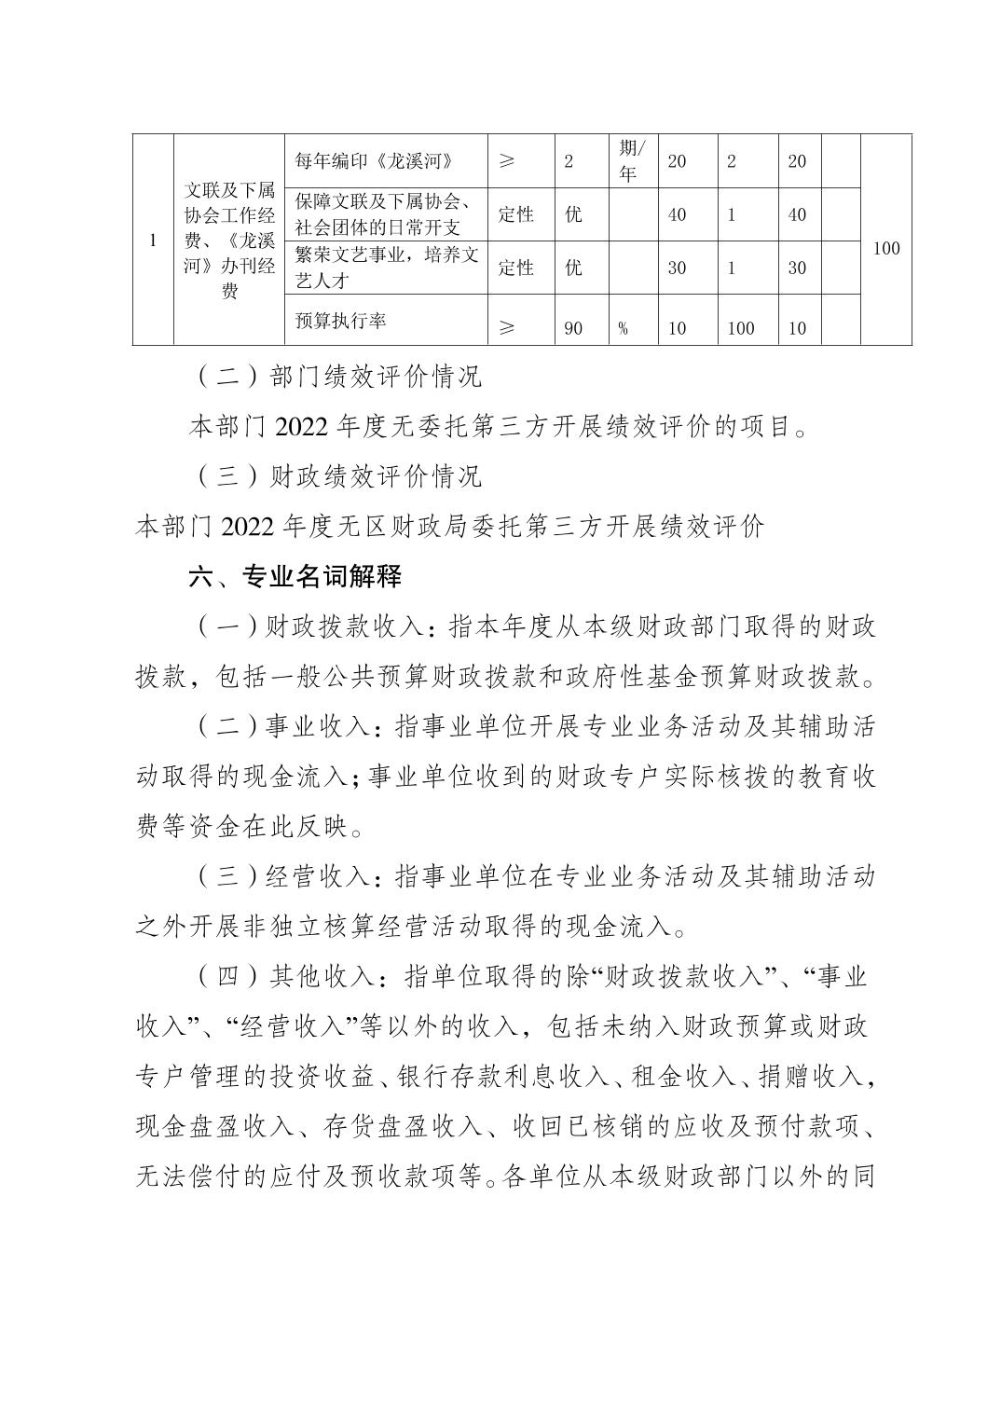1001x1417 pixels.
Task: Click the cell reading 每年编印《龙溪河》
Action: [375, 161]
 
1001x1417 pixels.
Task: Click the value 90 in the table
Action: [574, 328]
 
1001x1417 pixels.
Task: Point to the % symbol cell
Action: [623, 328]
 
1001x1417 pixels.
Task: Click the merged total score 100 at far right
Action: [885, 248]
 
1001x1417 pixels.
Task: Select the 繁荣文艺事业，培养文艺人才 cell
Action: [385, 267]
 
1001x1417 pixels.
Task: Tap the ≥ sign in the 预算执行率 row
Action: [507, 327]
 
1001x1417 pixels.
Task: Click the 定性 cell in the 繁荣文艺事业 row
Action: [516, 268]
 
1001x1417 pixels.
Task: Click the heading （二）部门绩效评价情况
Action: [341, 377]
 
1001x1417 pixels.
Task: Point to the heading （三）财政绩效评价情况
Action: [341, 476]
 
